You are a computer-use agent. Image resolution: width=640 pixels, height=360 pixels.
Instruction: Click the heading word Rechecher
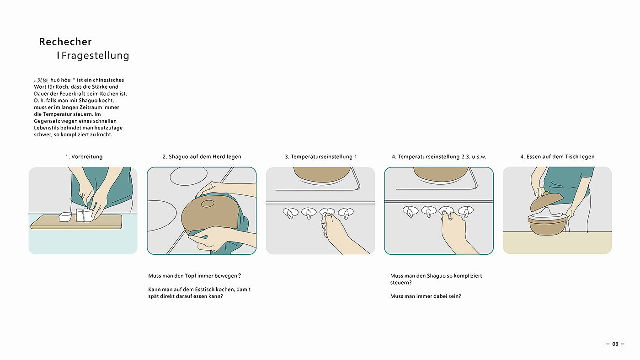pyautogui.click(x=65, y=42)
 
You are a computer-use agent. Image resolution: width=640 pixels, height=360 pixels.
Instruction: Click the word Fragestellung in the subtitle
pyautogui.click(x=95, y=55)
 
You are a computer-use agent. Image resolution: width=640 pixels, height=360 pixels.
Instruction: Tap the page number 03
pyautogui.click(x=615, y=344)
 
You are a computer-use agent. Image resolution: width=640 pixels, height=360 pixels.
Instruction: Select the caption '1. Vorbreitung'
pyautogui.click(x=84, y=157)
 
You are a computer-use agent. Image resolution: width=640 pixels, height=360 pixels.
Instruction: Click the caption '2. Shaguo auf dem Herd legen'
pyautogui.click(x=202, y=157)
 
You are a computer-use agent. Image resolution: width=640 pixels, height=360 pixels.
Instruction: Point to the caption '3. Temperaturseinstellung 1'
pyautogui.click(x=320, y=157)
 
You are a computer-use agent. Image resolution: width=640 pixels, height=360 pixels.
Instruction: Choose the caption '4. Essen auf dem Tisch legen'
pyautogui.click(x=557, y=157)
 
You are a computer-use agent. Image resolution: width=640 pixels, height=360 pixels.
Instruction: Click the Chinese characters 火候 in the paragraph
pyautogui.click(x=43, y=80)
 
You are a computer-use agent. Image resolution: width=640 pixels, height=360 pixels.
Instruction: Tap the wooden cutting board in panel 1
pyautogui.click(x=76, y=222)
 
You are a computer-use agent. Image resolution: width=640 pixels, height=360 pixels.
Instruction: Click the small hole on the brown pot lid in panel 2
pyautogui.click(x=208, y=204)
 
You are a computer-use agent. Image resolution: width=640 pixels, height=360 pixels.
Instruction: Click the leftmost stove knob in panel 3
pyautogui.click(x=290, y=213)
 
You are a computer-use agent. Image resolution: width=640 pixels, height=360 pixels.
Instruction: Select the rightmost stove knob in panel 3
pyautogui.click(x=346, y=213)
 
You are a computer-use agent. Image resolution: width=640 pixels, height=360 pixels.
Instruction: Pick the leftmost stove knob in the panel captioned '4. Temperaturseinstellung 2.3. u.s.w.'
pyautogui.click(x=411, y=211)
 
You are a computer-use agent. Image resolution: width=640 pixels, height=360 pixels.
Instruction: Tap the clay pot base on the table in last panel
pyautogui.click(x=547, y=226)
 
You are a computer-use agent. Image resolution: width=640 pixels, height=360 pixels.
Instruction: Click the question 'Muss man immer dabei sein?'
pyautogui.click(x=426, y=296)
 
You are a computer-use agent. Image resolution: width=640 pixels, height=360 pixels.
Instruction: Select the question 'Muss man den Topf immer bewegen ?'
pyautogui.click(x=195, y=276)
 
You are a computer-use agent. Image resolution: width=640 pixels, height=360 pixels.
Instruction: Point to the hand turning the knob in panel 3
pyautogui.click(x=343, y=235)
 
